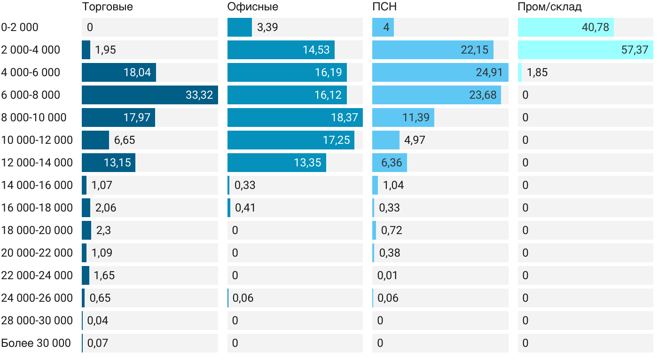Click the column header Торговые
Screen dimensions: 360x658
pos(107,7)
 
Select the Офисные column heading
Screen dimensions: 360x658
pos(252,7)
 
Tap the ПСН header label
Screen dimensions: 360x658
pos(384,7)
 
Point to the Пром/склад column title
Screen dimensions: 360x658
pos(549,7)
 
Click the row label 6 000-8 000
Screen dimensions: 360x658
pos(31,95)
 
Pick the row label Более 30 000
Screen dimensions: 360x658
pos(36,343)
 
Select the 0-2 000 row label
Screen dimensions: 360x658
pos(20,27)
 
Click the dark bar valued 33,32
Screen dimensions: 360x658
pos(149,95)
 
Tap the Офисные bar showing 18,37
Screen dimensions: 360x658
pos(295,117)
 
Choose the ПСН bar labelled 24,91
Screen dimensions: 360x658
pos(440,72)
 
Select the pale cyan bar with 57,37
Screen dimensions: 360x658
pos(585,50)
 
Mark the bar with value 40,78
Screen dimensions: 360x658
pos(565,27)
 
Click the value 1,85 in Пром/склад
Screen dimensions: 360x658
pos(537,72)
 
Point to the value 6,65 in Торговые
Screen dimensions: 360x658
pos(125,140)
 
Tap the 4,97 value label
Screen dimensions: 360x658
pos(415,140)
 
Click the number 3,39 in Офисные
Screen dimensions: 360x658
pos(267,27)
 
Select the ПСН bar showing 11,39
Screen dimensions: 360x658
pos(403,117)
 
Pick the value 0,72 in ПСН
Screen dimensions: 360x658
pos(392,230)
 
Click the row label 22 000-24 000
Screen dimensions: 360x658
pos(37,275)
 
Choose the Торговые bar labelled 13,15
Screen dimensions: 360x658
pos(108,163)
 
